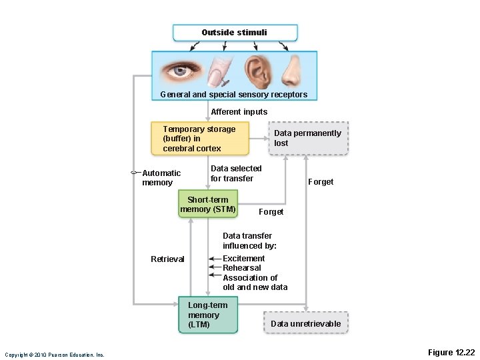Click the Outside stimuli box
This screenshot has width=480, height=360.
[235, 33]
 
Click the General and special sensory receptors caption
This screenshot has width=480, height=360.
[234, 95]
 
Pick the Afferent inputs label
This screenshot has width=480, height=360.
[239, 112]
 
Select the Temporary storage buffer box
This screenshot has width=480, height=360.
[205, 139]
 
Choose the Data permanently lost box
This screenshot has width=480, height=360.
[307, 138]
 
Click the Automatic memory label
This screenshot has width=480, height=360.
[161, 178]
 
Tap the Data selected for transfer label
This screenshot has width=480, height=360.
[236, 173]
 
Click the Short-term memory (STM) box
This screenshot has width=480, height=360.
[208, 205]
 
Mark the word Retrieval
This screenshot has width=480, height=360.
[167, 259]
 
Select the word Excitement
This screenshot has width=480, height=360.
[243, 259]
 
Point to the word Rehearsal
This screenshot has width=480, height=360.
[241, 268]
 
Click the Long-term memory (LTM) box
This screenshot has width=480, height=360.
[208, 315]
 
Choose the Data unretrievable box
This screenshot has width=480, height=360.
[305, 323]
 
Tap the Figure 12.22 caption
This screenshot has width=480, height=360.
[451, 352]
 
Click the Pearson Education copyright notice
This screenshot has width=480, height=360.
[55, 355]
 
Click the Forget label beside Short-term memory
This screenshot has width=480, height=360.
[271, 212]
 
